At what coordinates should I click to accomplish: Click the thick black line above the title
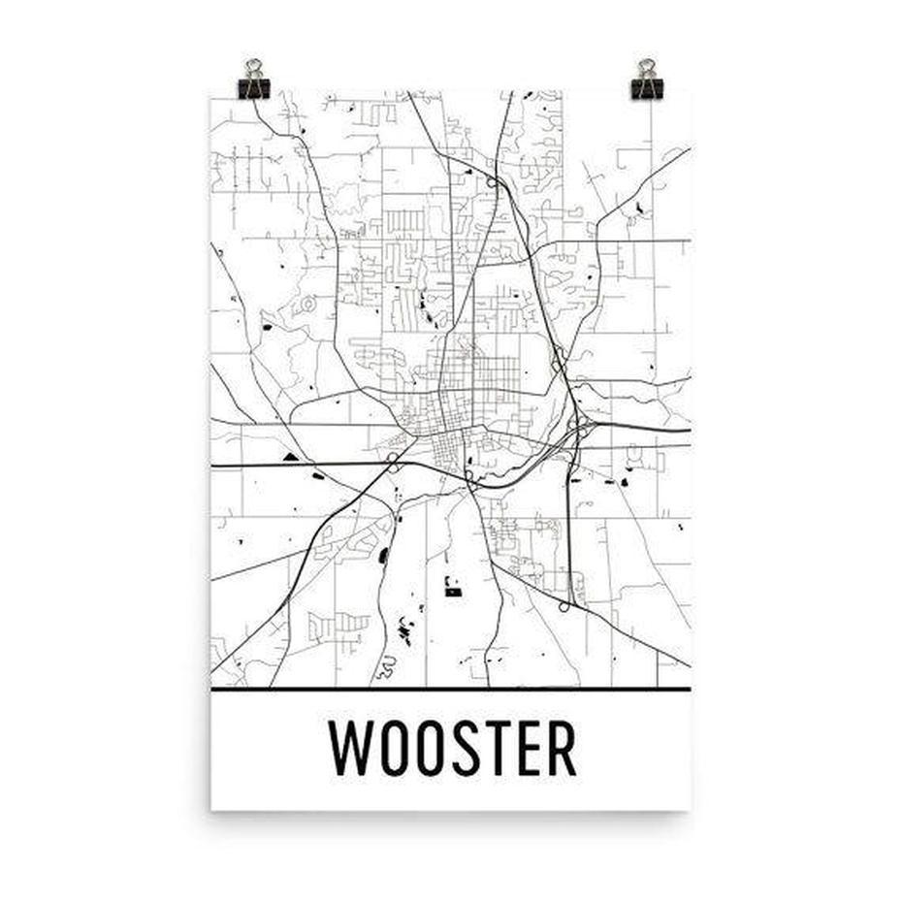click(451, 689)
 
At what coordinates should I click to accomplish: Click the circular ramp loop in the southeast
click(564, 607)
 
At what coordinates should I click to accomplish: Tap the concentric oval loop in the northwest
click(308, 305)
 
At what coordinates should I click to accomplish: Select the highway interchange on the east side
click(578, 427)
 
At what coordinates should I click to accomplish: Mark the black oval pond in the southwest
click(383, 555)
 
